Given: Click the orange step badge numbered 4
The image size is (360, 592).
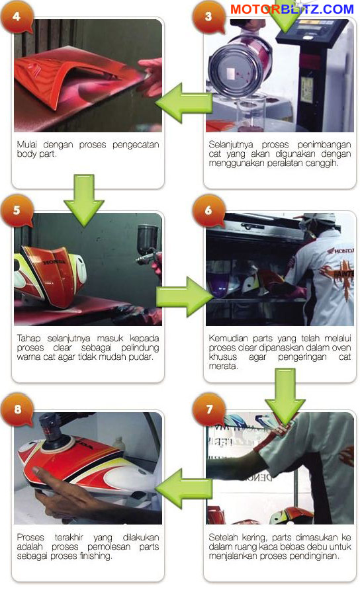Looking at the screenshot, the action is (x=17, y=17).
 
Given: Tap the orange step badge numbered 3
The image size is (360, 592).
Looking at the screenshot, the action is (x=208, y=17).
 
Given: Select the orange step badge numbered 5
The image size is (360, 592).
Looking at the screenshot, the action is (x=17, y=211).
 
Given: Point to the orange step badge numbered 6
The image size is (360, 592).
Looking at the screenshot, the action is (x=208, y=211).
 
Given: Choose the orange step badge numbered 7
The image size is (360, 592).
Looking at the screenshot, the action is (x=209, y=409).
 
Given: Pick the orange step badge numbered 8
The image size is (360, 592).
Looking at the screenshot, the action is (x=17, y=409).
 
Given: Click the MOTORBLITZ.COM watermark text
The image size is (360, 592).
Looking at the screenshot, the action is (x=292, y=9).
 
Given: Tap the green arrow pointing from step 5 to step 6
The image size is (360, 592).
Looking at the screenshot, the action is (x=185, y=297).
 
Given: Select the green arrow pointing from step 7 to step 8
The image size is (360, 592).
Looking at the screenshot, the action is (x=184, y=489).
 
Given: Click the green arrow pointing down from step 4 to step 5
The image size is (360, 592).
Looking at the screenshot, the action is (x=84, y=200).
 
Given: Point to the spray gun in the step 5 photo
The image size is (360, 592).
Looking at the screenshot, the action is (x=148, y=245).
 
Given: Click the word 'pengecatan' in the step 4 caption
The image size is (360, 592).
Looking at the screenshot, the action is (x=136, y=145).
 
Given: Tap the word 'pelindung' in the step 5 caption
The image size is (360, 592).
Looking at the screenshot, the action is (x=140, y=348).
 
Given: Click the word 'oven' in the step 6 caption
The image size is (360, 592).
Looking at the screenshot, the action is (x=341, y=348).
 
